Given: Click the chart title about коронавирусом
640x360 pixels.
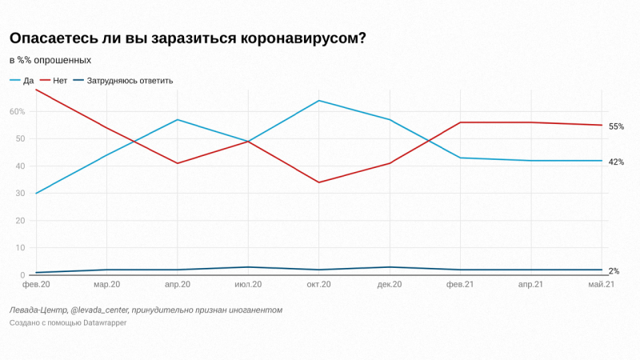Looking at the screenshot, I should coord(187,39).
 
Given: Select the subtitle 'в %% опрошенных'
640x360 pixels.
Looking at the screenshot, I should coord(50,60).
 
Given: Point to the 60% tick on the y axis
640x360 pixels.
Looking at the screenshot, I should coord(18,111).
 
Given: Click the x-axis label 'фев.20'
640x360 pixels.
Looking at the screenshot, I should coord(36,285).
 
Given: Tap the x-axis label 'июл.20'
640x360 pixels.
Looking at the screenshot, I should coord(248,285).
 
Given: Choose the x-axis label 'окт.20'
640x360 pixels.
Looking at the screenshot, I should coord(318,285).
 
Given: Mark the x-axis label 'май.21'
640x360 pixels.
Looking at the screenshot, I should coord(601,285).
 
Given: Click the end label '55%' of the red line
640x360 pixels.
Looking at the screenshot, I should coord(616,126).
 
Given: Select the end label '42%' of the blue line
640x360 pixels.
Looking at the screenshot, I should coord(616,162).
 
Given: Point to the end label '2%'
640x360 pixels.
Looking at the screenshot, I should coord(614,271).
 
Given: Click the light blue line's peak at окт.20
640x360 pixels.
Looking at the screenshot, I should coord(318,101).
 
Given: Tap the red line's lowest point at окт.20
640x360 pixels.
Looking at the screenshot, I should coord(318,182).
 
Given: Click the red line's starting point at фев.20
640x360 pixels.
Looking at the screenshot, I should coord(36,90).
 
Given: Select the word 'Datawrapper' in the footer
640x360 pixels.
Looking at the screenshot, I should coord(99,323).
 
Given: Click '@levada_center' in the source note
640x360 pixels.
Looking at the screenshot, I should coord(99,310).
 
